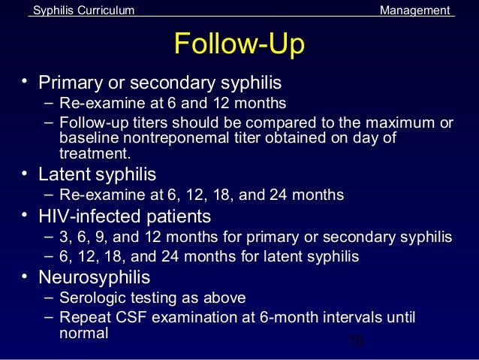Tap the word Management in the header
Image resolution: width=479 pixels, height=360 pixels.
click(415, 10)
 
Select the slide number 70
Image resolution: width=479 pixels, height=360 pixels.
click(356, 343)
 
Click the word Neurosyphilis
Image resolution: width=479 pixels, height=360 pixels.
click(95, 277)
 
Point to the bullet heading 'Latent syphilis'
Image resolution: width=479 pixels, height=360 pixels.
click(98, 175)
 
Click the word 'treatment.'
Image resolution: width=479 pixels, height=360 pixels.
click(95, 154)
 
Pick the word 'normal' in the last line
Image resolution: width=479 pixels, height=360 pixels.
click(83, 332)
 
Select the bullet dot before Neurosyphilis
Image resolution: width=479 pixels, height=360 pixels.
click(26, 275)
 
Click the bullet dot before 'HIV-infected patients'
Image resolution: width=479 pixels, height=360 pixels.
click(26, 216)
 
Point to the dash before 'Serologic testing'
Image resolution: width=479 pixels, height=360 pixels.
click(48, 297)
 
